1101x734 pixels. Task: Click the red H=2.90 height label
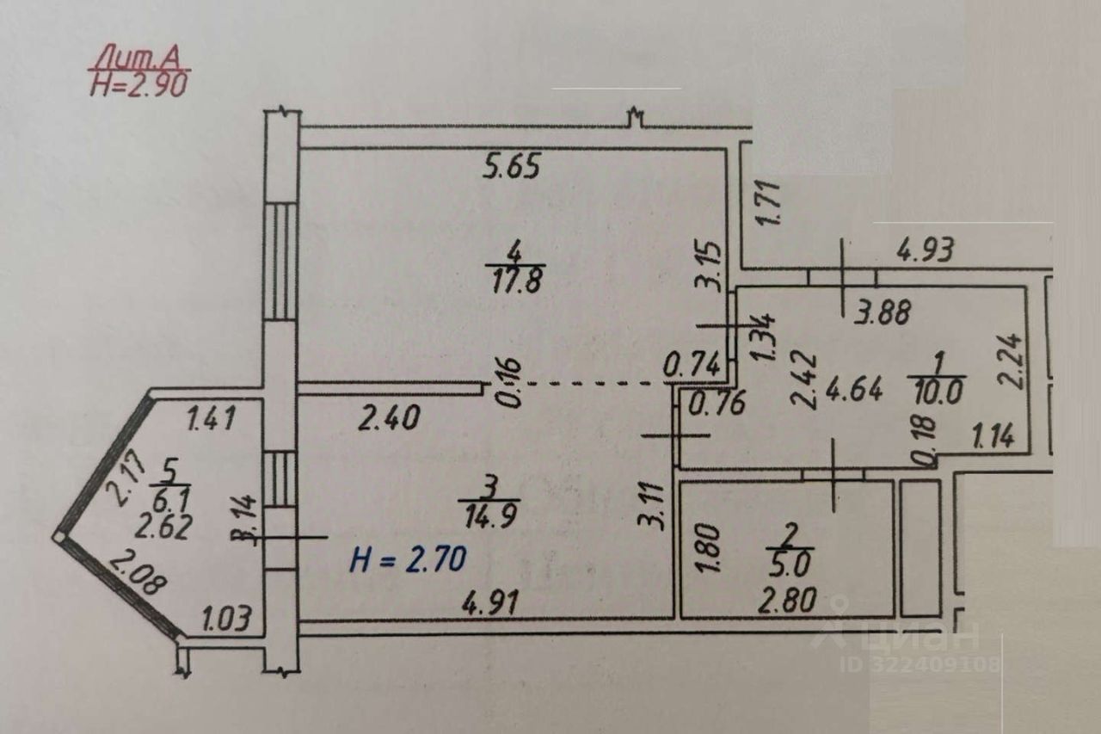[138, 84]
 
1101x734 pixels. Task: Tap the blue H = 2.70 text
[408, 560]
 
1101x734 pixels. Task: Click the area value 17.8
[515, 281]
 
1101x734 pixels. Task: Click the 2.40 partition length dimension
[389, 419]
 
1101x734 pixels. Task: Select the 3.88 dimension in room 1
[882, 313]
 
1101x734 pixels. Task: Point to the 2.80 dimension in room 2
[788, 600]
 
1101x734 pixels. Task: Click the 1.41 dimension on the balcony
[211, 420]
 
